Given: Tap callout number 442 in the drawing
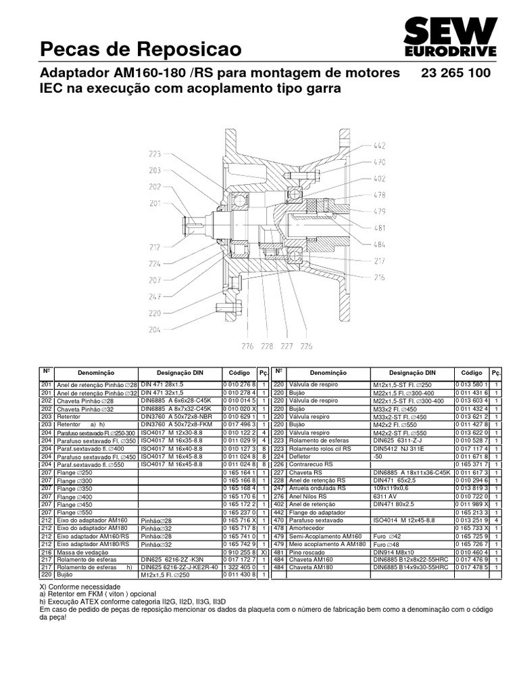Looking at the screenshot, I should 380,146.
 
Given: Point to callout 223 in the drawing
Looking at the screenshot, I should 155,154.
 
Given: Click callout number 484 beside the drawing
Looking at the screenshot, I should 380,244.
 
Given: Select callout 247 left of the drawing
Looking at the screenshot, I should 155,296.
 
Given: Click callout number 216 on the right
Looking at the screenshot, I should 380,277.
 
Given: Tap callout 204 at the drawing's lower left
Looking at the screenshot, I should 155,330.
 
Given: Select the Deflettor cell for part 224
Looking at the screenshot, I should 302,456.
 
